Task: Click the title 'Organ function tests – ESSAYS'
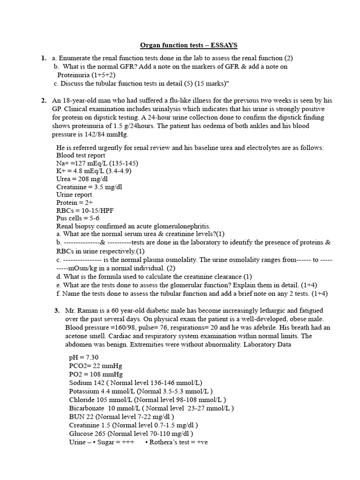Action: pyautogui.click(x=189, y=45)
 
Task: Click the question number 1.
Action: pyautogui.click(x=43, y=58)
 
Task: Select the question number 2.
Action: pyautogui.click(x=43, y=100)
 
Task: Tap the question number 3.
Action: pyautogui.click(x=57, y=310)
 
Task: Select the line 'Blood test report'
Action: pyautogui.click(x=81, y=155)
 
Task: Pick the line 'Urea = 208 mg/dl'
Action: pyautogui.click(x=82, y=179)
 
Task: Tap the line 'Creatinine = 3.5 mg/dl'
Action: pyautogui.click(x=89, y=187)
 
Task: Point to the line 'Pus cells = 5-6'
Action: pyautogui.click(x=79, y=218)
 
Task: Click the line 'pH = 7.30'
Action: pyautogui.click(x=83, y=357)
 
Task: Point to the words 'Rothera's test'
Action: pyautogui.click(x=172, y=442)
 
